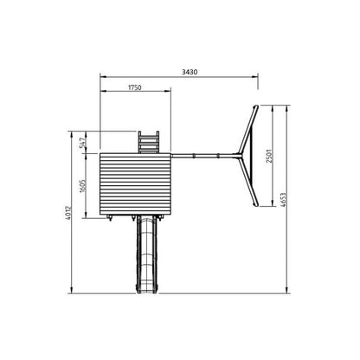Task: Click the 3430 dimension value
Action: [190, 72]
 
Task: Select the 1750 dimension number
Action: [135, 87]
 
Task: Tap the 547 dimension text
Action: [82, 143]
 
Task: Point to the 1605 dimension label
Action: [82, 186]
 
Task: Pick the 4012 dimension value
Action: [68, 213]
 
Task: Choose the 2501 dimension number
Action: [269, 156]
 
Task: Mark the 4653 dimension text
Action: [283, 200]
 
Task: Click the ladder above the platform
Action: [149, 142]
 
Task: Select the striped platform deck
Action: [135, 183]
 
